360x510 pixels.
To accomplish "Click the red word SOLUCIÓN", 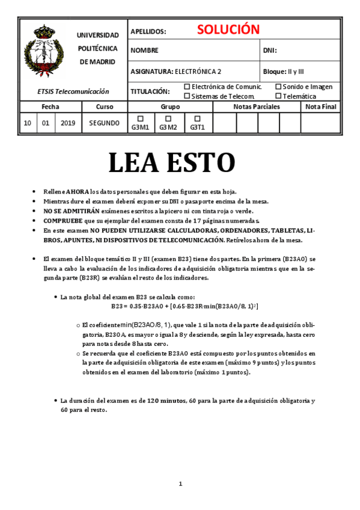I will [228, 29].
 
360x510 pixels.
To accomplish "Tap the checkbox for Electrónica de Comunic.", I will [187, 87].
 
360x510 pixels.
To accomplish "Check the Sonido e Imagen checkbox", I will [278, 87].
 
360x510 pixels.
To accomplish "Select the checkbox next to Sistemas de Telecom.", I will [187, 96].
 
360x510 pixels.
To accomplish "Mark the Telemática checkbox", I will [278, 96].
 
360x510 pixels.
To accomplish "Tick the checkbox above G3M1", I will [140, 118].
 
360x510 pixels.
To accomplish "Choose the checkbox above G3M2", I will [168, 118].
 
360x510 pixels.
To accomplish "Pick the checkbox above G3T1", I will [197, 118].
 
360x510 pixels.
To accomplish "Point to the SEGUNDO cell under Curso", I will [104, 123].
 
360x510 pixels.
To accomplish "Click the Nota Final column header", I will [320, 106].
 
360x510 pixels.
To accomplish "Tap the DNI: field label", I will [270, 51].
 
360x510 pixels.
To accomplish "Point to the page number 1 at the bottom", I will [180, 484].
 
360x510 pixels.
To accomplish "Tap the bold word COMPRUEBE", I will [63, 221].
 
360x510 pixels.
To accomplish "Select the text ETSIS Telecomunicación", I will [73, 91].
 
